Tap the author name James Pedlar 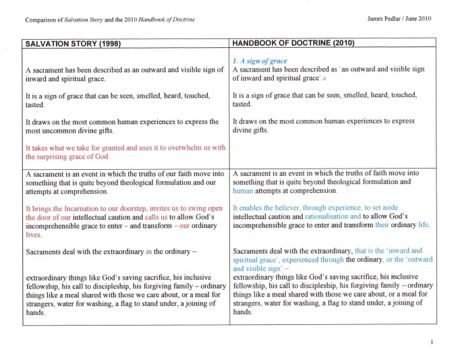tap(391, 18)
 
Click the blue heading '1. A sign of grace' tap(260, 61)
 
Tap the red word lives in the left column tap(34, 235)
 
